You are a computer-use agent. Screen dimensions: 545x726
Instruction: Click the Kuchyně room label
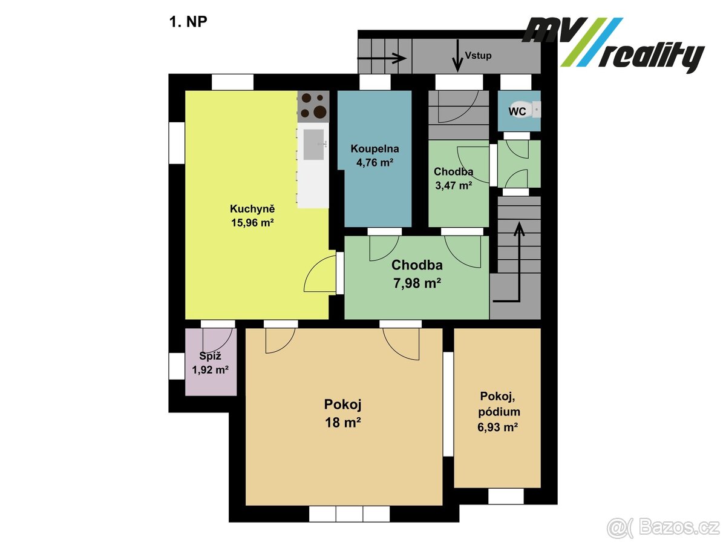tap(252, 209)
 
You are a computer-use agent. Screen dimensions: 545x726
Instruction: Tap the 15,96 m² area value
tap(252, 223)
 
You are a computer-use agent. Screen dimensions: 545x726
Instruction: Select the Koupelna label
tap(375, 148)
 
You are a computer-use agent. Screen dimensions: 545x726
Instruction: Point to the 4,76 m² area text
tap(375, 162)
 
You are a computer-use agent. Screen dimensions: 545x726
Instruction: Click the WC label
tap(517, 111)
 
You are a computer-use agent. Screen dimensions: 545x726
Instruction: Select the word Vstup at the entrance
tap(478, 56)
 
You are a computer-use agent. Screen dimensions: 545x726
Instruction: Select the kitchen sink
tap(315, 144)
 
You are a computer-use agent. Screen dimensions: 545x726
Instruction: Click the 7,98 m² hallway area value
tap(417, 282)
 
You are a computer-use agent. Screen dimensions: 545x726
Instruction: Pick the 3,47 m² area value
tap(453, 186)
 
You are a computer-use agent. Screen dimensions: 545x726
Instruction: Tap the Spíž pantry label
tap(210, 357)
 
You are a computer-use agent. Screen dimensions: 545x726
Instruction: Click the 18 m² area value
tap(343, 422)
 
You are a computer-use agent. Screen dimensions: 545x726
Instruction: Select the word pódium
tap(498, 412)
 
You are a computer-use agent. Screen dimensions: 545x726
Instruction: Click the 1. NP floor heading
tap(188, 24)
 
